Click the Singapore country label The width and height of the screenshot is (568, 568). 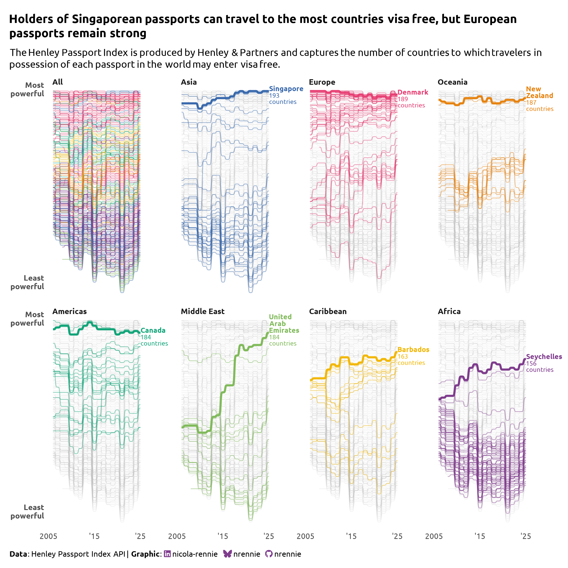coord(286,89)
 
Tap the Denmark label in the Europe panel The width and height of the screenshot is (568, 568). coord(413,92)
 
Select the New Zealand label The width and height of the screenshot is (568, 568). coord(539,92)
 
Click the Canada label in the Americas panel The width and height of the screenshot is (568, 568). coord(153,330)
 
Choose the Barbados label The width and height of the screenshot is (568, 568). coord(413,350)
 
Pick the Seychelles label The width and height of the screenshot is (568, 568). coord(544,357)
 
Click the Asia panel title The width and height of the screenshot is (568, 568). coord(189,82)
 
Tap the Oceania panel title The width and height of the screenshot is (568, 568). coord(453,82)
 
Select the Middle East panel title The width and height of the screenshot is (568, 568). coord(203,311)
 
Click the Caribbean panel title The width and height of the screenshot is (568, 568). coord(328,311)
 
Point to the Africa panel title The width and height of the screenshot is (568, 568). coord(449,311)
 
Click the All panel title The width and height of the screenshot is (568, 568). coord(58,82)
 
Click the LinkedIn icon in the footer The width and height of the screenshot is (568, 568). coord(167,554)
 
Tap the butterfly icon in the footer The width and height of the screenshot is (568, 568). coord(227,554)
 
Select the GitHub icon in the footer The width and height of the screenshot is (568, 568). coord(269,554)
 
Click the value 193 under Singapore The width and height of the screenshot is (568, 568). coord(274,96)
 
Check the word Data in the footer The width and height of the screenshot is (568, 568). coord(18,554)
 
